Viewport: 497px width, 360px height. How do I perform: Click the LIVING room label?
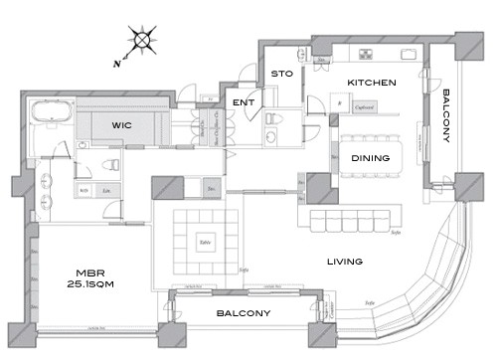pyautogui.click(x=343, y=263)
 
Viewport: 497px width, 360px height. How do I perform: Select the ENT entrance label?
pyautogui.click(x=242, y=102)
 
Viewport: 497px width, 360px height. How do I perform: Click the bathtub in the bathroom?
pyautogui.click(x=47, y=112)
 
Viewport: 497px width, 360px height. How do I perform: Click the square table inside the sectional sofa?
pyautogui.click(x=205, y=240)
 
